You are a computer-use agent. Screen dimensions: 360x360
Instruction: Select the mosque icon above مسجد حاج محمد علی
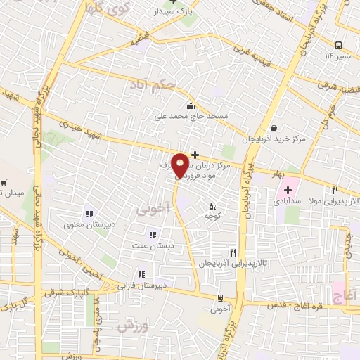(x=191, y=105)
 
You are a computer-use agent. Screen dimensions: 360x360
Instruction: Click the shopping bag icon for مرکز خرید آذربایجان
(x=274, y=129)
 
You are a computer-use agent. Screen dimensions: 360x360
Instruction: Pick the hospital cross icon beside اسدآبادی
(x=288, y=190)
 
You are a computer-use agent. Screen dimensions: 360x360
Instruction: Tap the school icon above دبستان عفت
(x=151, y=235)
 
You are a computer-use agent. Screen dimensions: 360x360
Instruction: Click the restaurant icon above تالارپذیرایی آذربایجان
(x=233, y=252)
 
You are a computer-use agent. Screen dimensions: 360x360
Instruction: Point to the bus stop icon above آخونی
(x=220, y=298)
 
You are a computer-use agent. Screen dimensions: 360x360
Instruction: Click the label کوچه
(x=213, y=218)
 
